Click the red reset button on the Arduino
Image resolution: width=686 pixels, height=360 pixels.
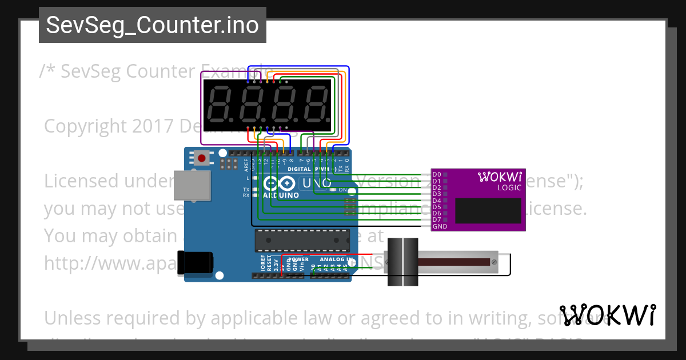pyautogui.click(x=202, y=157)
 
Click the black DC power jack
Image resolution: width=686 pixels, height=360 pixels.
pyautogui.click(x=195, y=262)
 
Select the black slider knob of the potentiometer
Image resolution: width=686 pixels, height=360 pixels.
pyautogui.click(x=404, y=262)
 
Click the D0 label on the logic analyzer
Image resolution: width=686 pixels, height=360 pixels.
pyautogui.click(x=437, y=174)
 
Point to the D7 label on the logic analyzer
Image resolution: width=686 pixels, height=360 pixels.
pyautogui.click(x=437, y=219)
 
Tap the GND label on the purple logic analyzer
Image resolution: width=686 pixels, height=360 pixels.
pyautogui.click(x=440, y=226)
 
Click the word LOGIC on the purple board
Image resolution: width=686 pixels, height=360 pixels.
pyautogui.click(x=509, y=187)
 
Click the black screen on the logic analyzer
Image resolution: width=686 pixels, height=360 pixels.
pyautogui.click(x=488, y=211)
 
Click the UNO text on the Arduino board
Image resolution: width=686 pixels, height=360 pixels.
pyautogui.click(x=316, y=183)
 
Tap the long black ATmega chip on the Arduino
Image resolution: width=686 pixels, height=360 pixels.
pyautogui.click(x=302, y=240)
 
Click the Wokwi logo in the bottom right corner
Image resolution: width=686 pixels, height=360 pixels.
pyautogui.click(x=607, y=315)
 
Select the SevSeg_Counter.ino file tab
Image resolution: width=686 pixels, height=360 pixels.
pyautogui.click(x=152, y=25)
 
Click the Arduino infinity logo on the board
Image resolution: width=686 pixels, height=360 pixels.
pyautogui.click(x=280, y=184)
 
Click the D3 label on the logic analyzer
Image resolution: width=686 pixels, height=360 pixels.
pyautogui.click(x=437, y=194)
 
